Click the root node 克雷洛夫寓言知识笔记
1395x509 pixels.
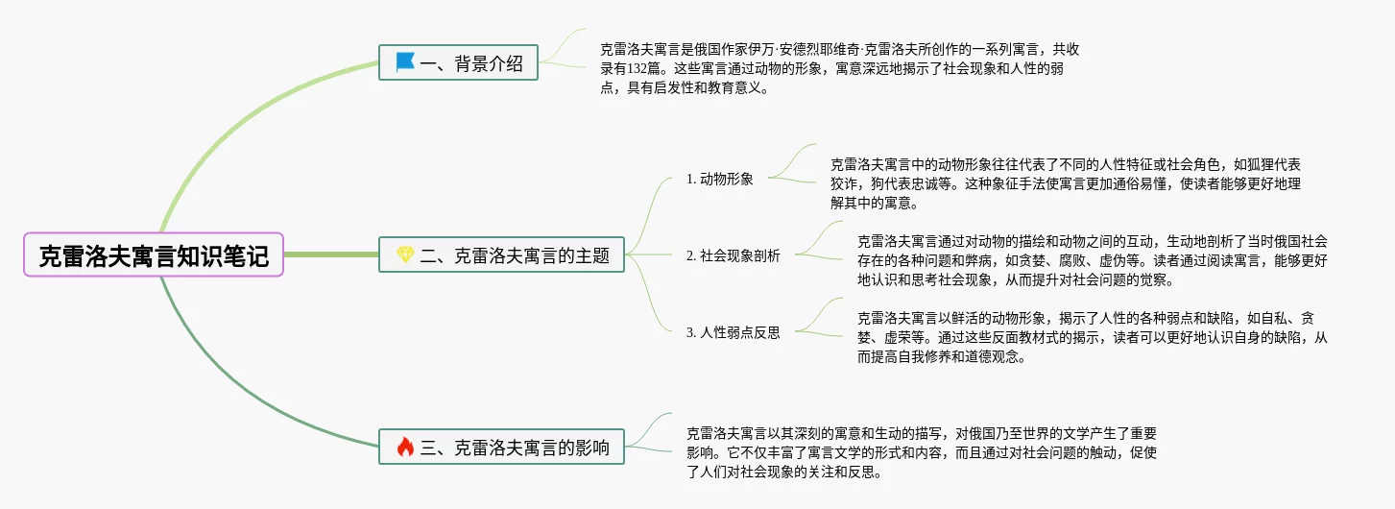click(154, 255)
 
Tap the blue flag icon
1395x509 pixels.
click(405, 62)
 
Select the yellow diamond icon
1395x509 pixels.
click(405, 255)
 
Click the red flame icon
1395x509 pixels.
click(405, 447)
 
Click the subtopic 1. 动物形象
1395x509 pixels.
click(720, 179)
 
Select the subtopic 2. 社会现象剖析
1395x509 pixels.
click(734, 255)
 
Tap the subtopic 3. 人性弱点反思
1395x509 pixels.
click(734, 332)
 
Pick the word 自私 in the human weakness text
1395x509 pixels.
click(1272, 318)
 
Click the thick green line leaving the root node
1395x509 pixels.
click(331, 255)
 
